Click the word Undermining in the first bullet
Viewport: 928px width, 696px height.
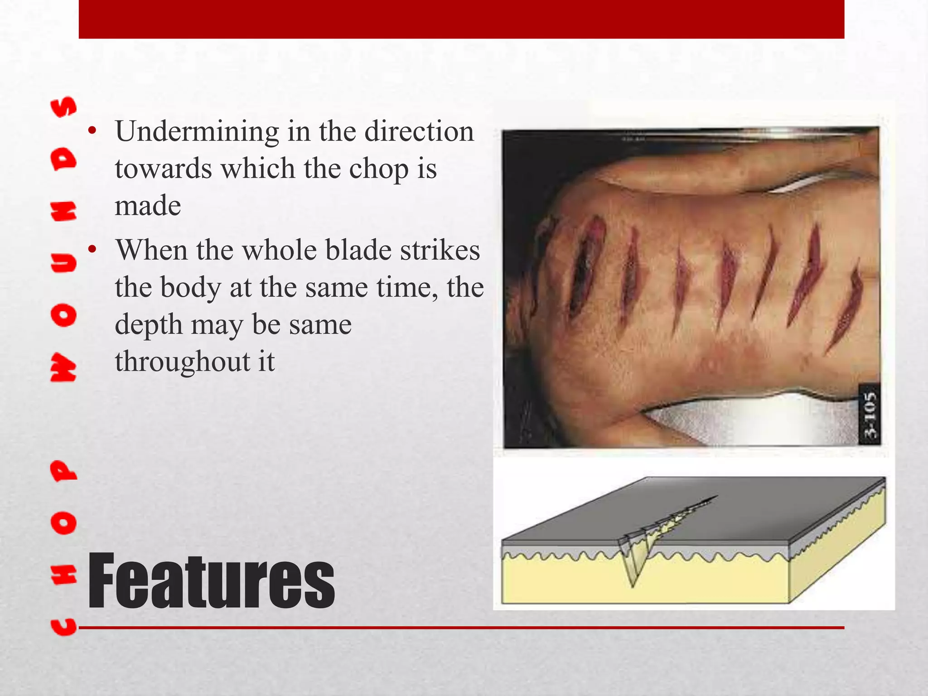[x=197, y=132]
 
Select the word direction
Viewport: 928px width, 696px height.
[x=419, y=132]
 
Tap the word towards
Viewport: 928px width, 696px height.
[x=163, y=169]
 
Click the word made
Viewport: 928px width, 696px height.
[x=148, y=206]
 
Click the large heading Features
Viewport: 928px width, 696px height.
[x=211, y=581]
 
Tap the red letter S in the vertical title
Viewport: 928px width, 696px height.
[x=63, y=107]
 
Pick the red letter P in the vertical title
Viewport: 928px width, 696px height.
[x=63, y=471]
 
